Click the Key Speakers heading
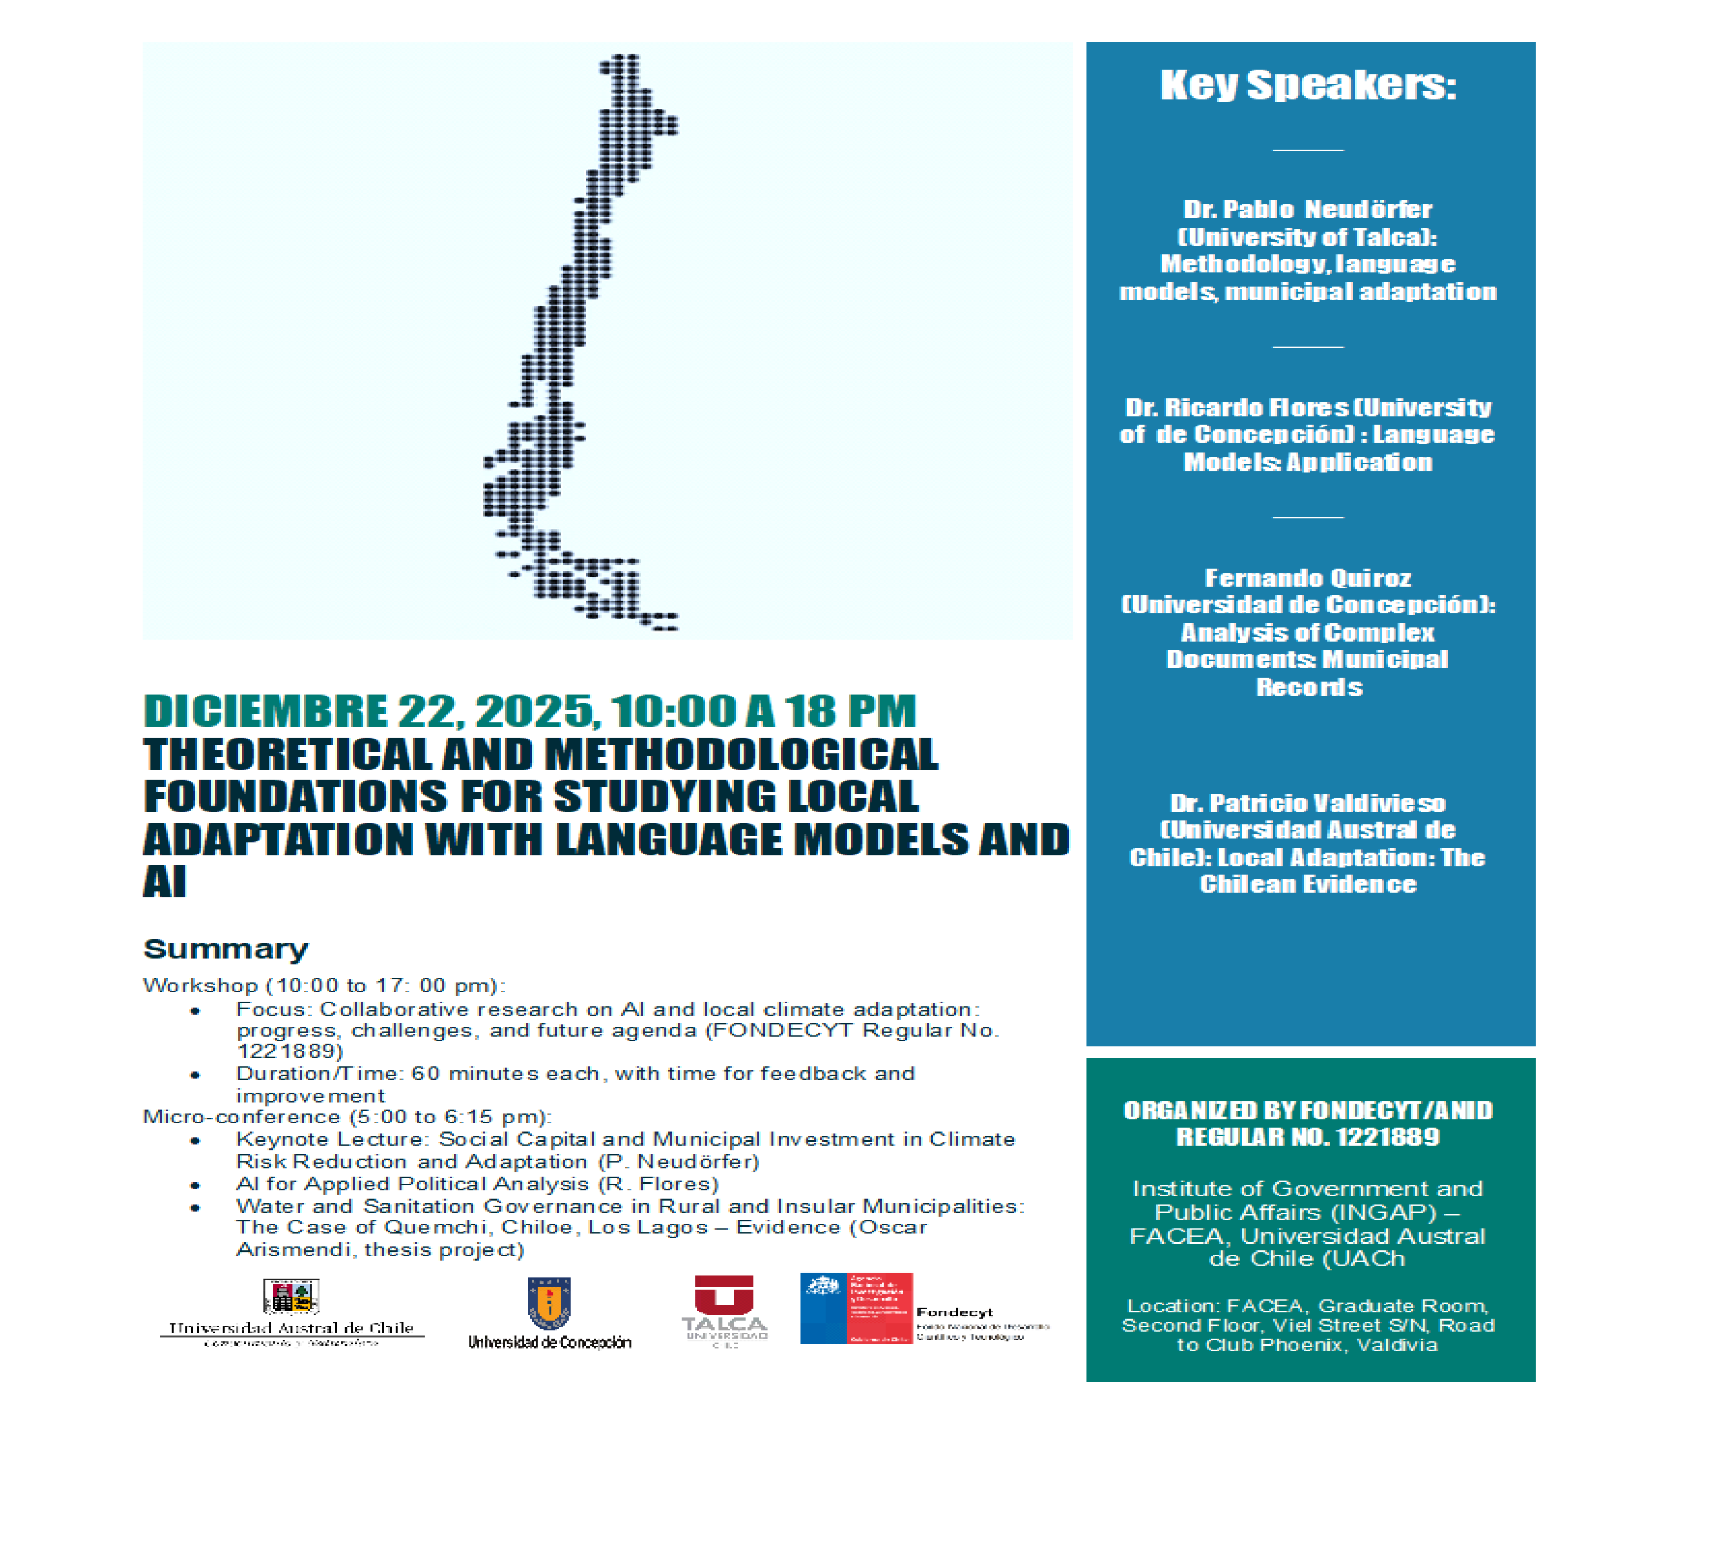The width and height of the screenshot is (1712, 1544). coord(1307,85)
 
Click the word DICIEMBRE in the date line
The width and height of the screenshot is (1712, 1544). coord(265,711)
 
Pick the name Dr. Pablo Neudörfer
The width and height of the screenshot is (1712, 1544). coord(1307,210)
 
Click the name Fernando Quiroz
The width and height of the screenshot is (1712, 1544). coord(1307,578)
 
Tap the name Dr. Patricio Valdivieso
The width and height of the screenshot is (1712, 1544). coord(1307,804)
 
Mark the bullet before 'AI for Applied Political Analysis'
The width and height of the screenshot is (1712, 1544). coord(195,1185)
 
